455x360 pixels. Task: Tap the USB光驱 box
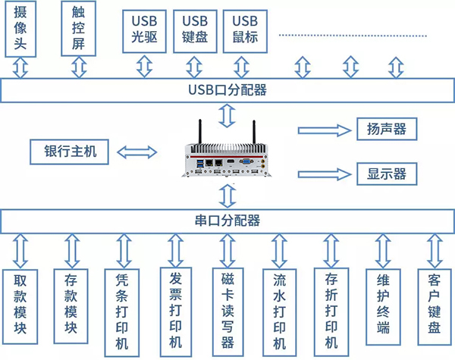[144, 30]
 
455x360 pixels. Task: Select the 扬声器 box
[387, 128]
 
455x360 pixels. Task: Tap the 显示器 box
[387, 174]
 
